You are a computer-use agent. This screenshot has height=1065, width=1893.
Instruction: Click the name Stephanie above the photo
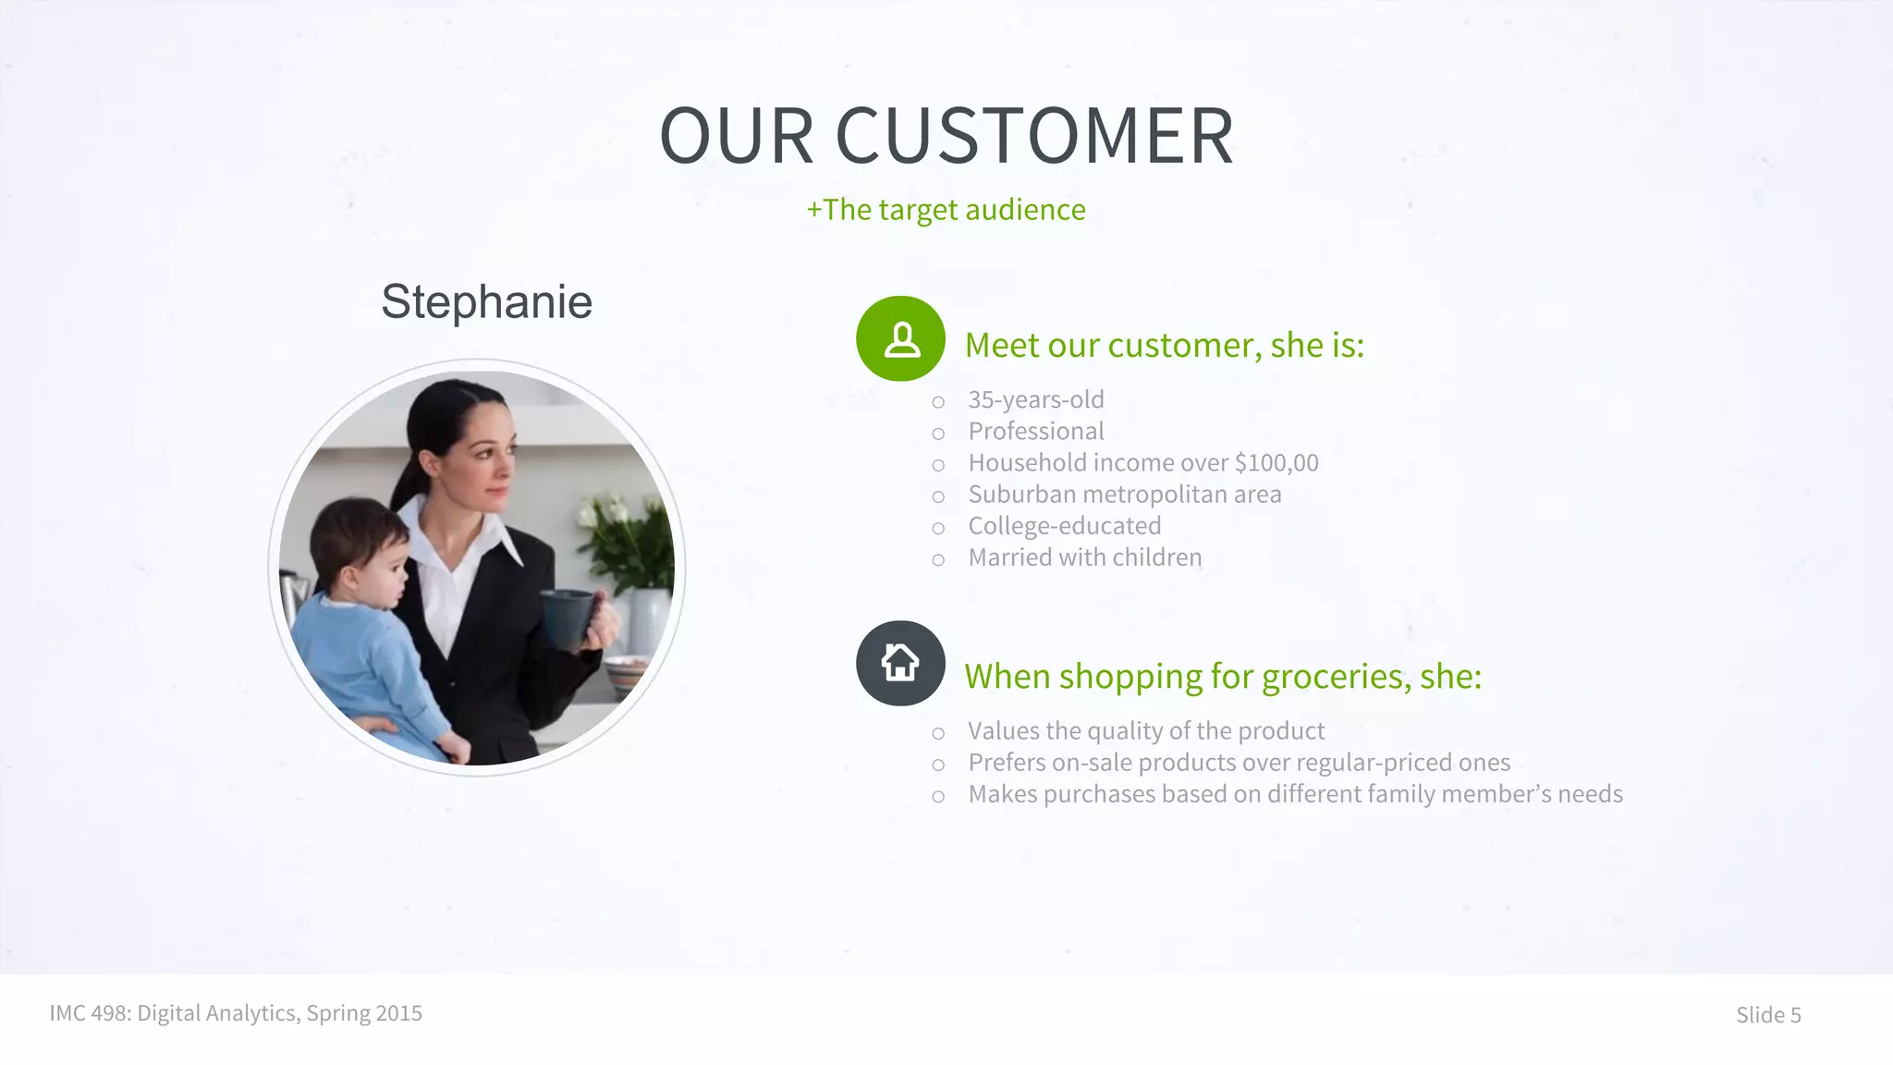(x=486, y=302)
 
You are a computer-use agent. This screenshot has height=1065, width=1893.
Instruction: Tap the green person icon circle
(x=900, y=338)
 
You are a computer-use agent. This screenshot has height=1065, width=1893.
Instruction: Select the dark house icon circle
(x=900, y=663)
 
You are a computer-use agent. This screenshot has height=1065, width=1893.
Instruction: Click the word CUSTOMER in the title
(x=1034, y=136)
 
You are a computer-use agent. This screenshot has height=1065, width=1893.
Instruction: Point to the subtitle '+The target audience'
(x=946, y=210)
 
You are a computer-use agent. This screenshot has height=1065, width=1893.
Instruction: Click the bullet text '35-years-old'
(x=1035, y=399)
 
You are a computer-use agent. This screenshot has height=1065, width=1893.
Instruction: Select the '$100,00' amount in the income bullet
(x=1276, y=462)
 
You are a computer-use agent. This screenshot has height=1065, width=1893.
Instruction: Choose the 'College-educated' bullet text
(x=1064, y=526)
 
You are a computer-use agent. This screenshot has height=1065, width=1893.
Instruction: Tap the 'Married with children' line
(x=1084, y=557)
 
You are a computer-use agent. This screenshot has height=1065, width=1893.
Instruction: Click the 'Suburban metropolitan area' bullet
(x=1124, y=495)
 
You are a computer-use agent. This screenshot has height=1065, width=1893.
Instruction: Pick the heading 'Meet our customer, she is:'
(x=1164, y=345)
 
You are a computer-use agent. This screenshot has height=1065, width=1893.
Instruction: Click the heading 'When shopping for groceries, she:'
(x=1222, y=676)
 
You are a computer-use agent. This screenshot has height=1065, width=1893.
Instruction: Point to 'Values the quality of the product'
(x=1145, y=731)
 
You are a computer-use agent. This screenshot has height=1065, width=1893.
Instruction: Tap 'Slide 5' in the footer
(x=1767, y=1015)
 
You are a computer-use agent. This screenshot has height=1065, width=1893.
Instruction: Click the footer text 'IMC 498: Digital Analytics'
(x=173, y=1013)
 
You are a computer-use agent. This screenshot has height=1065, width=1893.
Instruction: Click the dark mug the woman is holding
(x=566, y=618)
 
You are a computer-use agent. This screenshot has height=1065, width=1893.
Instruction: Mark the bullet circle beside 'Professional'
(x=938, y=434)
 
